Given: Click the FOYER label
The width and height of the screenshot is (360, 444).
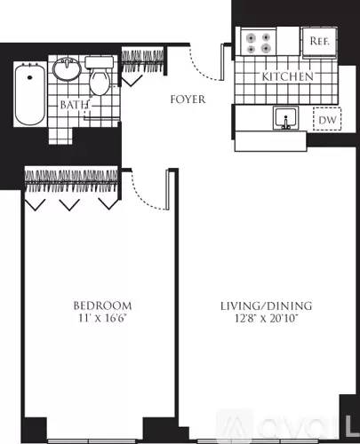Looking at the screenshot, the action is click(188, 99).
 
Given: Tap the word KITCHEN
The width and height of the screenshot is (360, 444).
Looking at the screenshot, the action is click(287, 76).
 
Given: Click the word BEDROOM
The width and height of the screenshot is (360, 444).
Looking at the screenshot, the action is click(102, 305).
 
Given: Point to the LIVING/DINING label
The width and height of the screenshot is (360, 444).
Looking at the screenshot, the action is click(267, 305).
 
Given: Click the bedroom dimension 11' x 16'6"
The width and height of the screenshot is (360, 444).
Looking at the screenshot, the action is click(102, 319).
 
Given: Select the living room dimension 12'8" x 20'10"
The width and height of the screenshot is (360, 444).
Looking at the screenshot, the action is click(267, 319).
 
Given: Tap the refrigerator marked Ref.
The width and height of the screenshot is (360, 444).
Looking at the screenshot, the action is click(319, 42).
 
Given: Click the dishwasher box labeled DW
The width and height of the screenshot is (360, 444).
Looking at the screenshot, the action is click(327, 119).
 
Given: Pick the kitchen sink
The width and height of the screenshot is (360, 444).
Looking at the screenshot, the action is click(285, 118).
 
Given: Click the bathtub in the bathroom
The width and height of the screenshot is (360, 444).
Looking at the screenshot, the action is click(30, 95).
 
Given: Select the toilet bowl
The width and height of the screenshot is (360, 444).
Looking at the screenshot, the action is click(100, 82).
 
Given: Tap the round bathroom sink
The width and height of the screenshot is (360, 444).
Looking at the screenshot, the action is click(67, 69).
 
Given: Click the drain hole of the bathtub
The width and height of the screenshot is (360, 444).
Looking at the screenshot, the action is click(29, 77).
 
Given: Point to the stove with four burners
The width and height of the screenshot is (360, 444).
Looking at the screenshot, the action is click(259, 42).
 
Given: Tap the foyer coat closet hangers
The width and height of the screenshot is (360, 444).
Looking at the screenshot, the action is click(143, 61).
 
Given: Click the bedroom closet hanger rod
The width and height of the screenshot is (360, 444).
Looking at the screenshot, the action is click(71, 182).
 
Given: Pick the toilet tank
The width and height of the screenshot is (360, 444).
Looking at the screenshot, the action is click(100, 62).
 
